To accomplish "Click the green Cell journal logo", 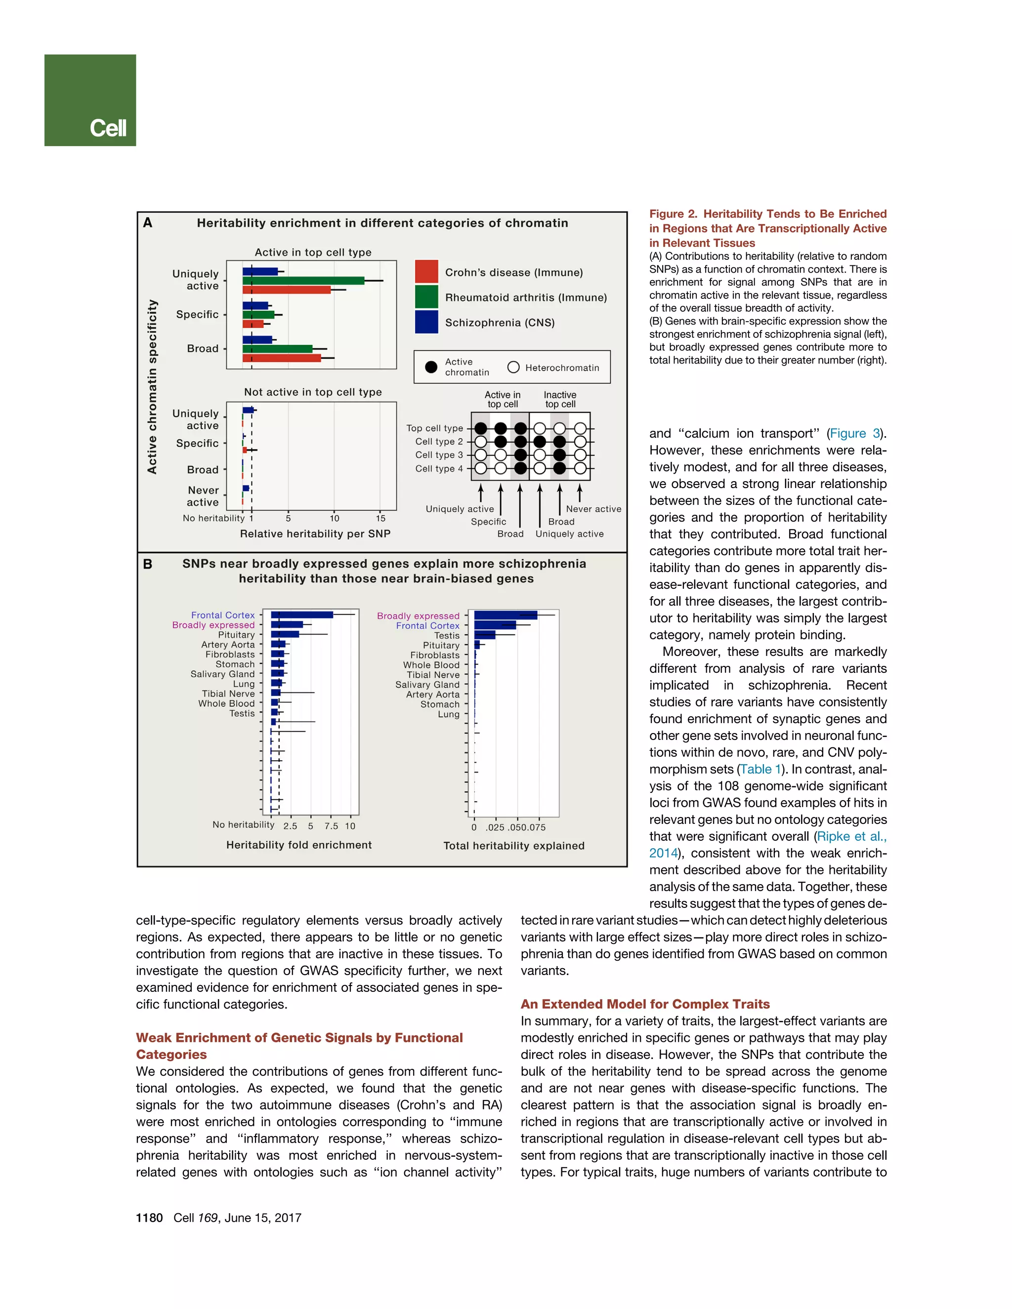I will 90,100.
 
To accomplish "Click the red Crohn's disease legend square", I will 426,272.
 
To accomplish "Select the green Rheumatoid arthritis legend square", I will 426,297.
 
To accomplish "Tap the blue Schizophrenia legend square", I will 426,322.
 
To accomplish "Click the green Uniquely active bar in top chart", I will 303,281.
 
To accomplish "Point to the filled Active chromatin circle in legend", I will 431,367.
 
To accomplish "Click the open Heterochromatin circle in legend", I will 513,367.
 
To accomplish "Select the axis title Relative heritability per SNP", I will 315,533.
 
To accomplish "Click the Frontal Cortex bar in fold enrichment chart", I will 301,615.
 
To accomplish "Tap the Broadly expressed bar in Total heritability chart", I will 506,615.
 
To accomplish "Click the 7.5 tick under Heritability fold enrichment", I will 331,826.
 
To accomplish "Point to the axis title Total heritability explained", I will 514,846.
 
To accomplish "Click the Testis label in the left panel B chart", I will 242,713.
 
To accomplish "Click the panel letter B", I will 147,564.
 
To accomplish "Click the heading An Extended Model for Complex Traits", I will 645,1004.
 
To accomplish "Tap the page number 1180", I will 149,1218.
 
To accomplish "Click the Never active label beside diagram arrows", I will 593,509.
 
